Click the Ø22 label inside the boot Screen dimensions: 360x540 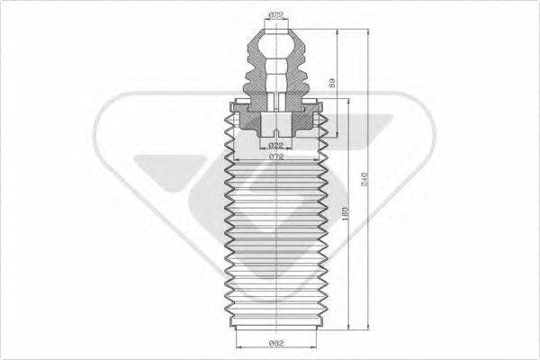[276, 145]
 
